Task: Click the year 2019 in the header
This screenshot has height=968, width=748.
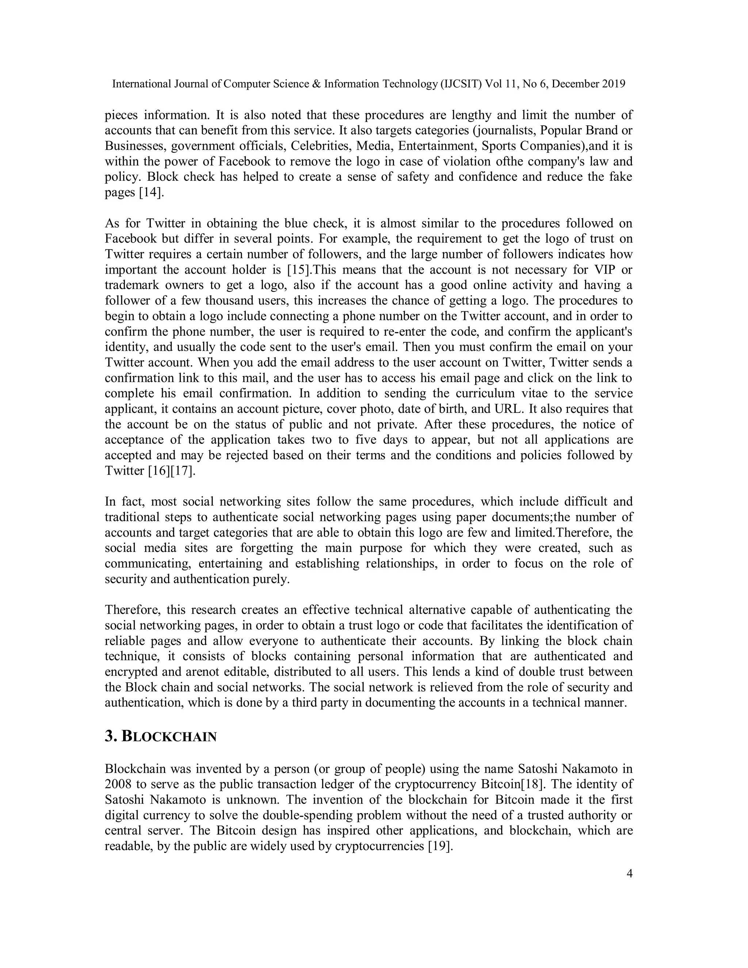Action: [x=613, y=84]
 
